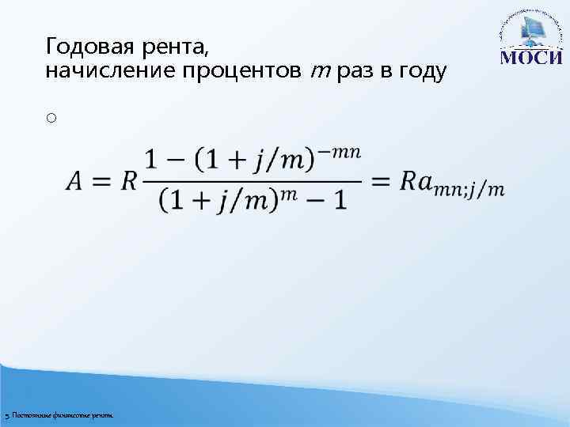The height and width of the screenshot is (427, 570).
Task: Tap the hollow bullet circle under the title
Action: (x=50, y=119)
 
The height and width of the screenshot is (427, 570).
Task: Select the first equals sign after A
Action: (x=103, y=182)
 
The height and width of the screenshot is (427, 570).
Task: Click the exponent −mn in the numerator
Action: (x=340, y=152)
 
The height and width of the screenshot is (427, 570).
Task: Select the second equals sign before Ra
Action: (x=381, y=182)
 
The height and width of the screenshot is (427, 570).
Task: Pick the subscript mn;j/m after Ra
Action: (x=473, y=189)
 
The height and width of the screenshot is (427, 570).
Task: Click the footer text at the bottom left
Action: (x=59, y=415)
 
